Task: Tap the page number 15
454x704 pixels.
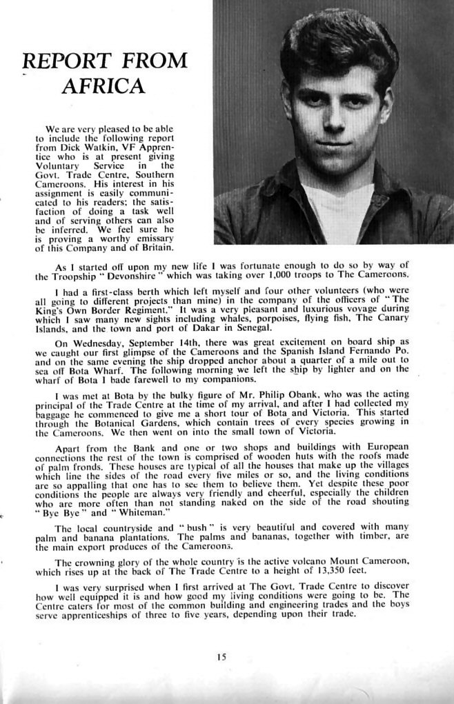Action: point(221,657)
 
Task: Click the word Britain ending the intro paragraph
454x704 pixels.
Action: point(154,248)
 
